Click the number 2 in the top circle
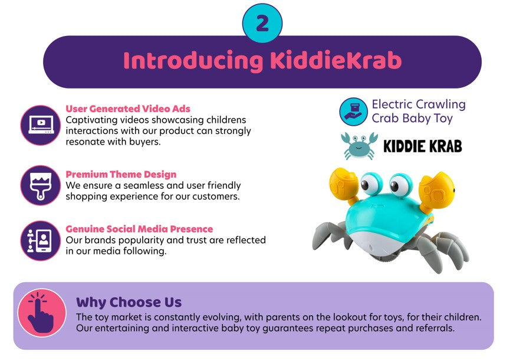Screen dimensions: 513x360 click(x=262, y=24)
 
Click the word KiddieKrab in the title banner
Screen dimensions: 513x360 click(x=336, y=60)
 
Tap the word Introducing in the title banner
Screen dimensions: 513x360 click(x=193, y=61)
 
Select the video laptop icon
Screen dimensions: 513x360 click(x=41, y=125)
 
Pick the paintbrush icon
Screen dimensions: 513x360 click(x=41, y=185)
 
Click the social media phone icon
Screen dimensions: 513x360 click(x=41, y=241)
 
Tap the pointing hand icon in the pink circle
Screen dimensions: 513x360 click(x=41, y=313)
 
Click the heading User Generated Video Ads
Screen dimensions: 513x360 click(x=128, y=109)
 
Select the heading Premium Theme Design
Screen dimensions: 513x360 click(x=121, y=174)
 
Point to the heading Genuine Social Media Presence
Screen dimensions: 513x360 click(x=139, y=228)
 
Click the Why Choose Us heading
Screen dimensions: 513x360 click(x=129, y=302)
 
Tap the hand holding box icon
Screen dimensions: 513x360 click(x=353, y=112)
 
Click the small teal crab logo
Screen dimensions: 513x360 click(x=359, y=146)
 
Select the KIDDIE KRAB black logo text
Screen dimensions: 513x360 click(x=422, y=146)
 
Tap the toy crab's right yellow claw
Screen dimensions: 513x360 click(x=436, y=192)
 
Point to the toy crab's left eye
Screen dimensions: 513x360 click(x=371, y=184)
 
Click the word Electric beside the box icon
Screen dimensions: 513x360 click(x=392, y=104)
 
